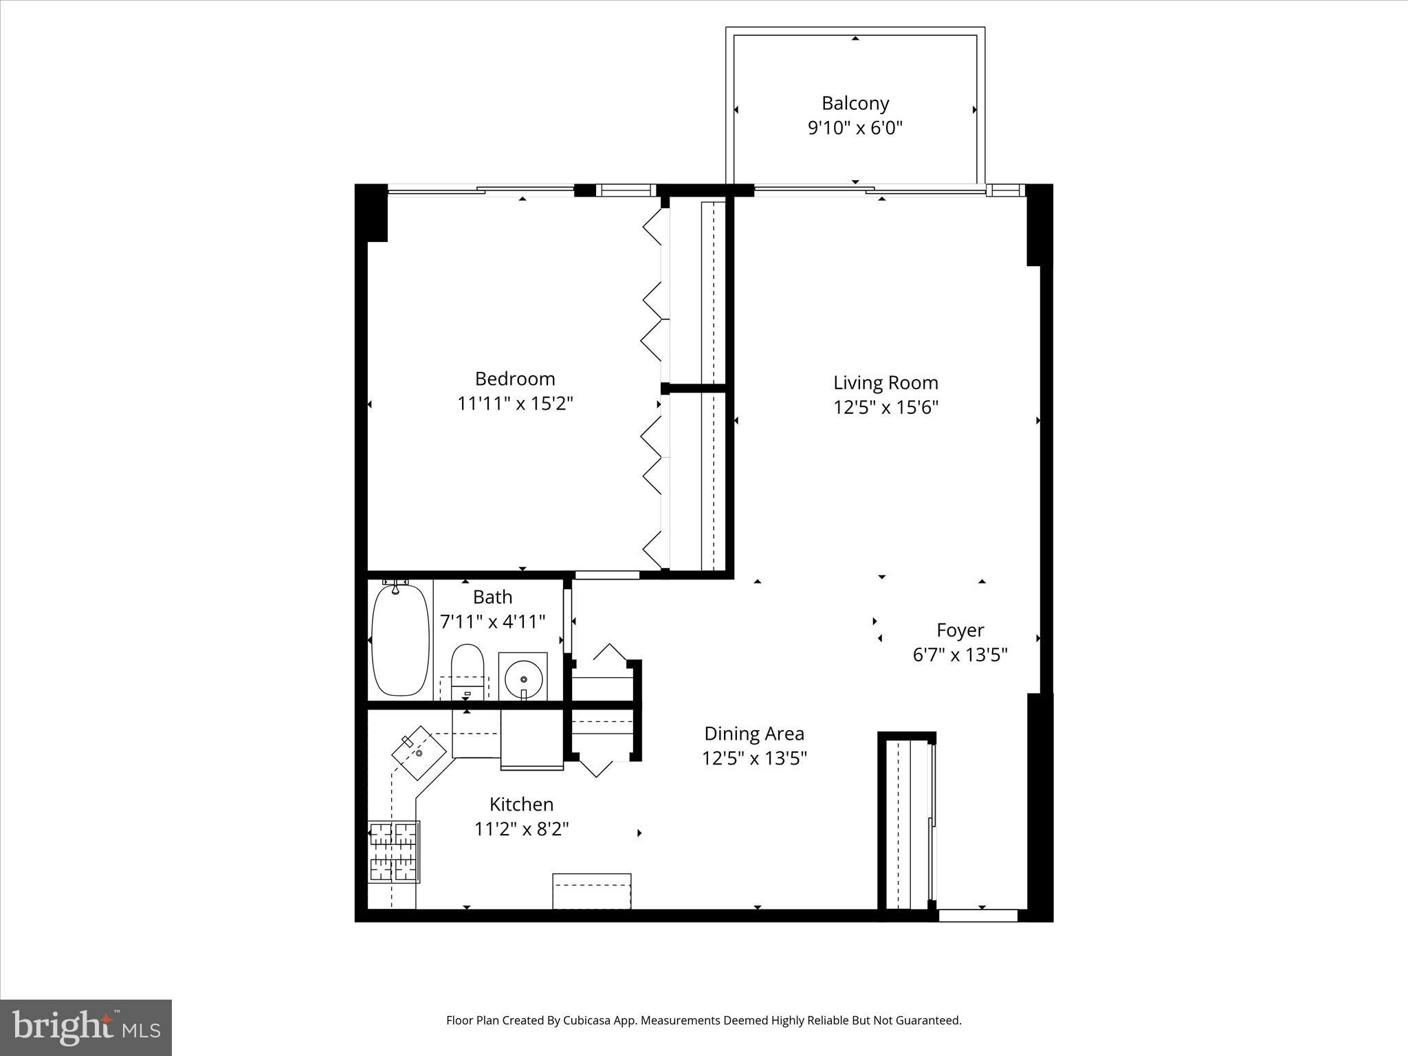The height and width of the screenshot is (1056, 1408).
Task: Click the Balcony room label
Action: tap(855, 103)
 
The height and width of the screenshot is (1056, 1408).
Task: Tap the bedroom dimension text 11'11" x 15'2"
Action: tap(515, 404)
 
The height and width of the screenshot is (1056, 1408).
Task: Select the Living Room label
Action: tap(885, 382)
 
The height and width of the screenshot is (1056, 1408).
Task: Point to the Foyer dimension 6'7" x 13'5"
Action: tap(960, 654)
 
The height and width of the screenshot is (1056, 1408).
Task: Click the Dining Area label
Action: tap(754, 734)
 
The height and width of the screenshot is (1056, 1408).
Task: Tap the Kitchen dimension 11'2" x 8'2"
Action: tap(522, 829)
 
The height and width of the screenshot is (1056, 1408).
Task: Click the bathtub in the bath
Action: tap(400, 639)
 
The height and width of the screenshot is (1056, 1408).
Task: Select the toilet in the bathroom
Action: tap(467, 670)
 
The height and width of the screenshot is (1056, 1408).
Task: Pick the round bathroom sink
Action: tap(523, 678)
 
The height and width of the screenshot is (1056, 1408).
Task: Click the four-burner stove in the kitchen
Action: tap(394, 851)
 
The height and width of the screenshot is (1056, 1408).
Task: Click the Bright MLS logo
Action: tap(86, 1027)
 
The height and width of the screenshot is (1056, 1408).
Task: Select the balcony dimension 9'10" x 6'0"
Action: tap(855, 128)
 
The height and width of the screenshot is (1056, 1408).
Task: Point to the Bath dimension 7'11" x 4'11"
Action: tap(492, 621)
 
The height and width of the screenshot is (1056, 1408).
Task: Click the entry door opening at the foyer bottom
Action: tap(978, 915)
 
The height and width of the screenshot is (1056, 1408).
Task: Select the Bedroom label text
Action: tap(515, 379)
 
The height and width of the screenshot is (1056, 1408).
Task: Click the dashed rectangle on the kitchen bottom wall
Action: tap(592, 890)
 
